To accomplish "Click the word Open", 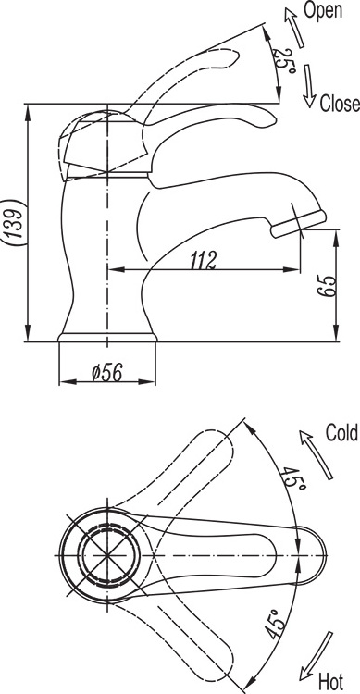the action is [323, 10].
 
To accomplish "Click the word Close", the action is [340, 103].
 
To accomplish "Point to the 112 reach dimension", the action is [204, 260].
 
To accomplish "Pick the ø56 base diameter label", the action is [106, 373].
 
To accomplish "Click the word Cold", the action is [341, 432].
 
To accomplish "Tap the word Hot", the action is [330, 682].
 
